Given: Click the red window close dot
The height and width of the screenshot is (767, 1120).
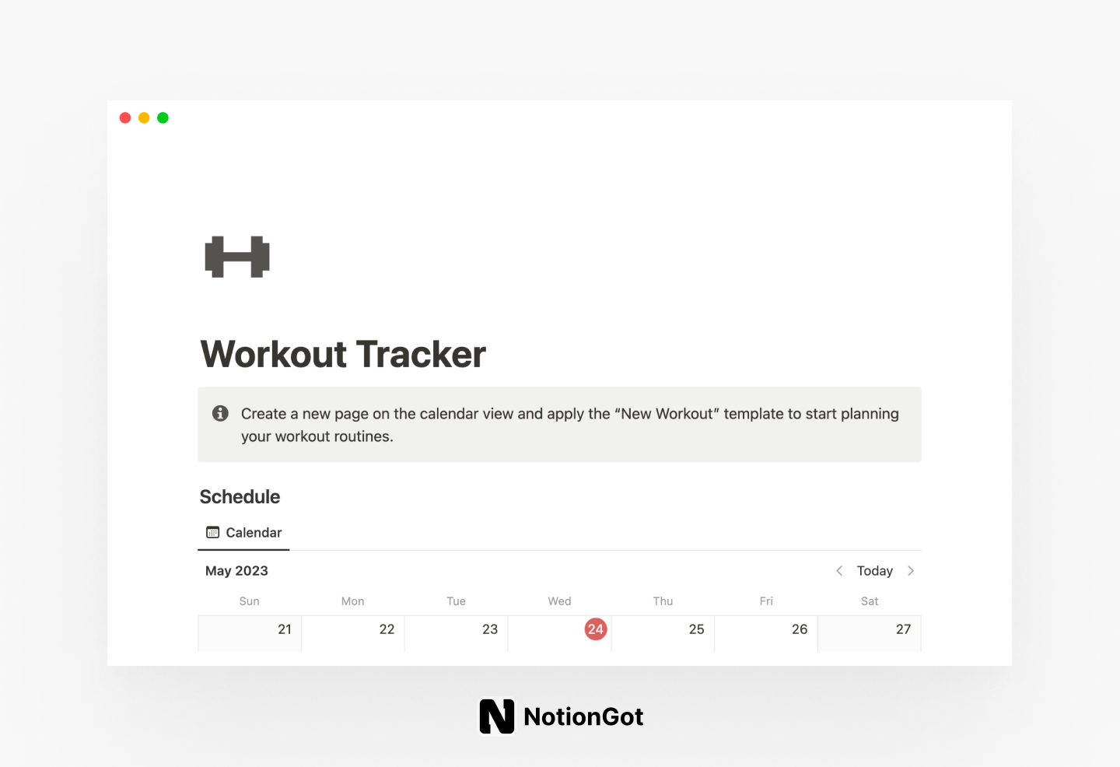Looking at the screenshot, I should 125,117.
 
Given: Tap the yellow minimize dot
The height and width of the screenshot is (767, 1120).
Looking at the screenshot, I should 144,117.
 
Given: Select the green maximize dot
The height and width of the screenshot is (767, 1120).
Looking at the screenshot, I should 163,117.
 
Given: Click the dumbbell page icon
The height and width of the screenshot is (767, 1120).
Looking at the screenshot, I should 237,257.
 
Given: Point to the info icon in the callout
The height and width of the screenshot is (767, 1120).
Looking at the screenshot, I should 221,413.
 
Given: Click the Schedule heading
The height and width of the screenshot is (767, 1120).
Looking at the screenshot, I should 240,497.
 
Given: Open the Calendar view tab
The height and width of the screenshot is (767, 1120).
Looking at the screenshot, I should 244,533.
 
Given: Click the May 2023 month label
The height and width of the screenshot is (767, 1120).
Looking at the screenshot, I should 236,571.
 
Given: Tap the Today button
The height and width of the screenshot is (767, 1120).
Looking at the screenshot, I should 874,571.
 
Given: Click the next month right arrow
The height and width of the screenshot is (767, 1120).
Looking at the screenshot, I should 911,571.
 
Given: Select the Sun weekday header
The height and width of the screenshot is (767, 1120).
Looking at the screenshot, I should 249,601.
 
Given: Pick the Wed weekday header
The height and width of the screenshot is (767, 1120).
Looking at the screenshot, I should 559,601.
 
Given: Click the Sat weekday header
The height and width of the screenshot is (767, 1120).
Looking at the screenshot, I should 870,601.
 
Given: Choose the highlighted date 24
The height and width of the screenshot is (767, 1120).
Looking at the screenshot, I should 596,629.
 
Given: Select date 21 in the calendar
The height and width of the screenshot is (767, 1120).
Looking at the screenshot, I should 285,629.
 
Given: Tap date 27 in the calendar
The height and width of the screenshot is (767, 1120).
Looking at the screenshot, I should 903,629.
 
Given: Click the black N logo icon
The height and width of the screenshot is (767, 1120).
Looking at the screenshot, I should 497,716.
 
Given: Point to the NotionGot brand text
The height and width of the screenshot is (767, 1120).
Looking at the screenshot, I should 583,716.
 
